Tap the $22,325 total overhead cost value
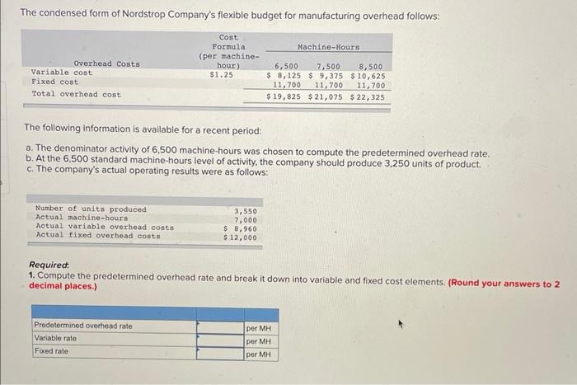(368, 96)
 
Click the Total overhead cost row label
(76, 94)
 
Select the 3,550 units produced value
(245, 210)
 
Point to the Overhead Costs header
(106, 63)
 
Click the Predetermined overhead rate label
(82, 326)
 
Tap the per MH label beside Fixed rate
(259, 354)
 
